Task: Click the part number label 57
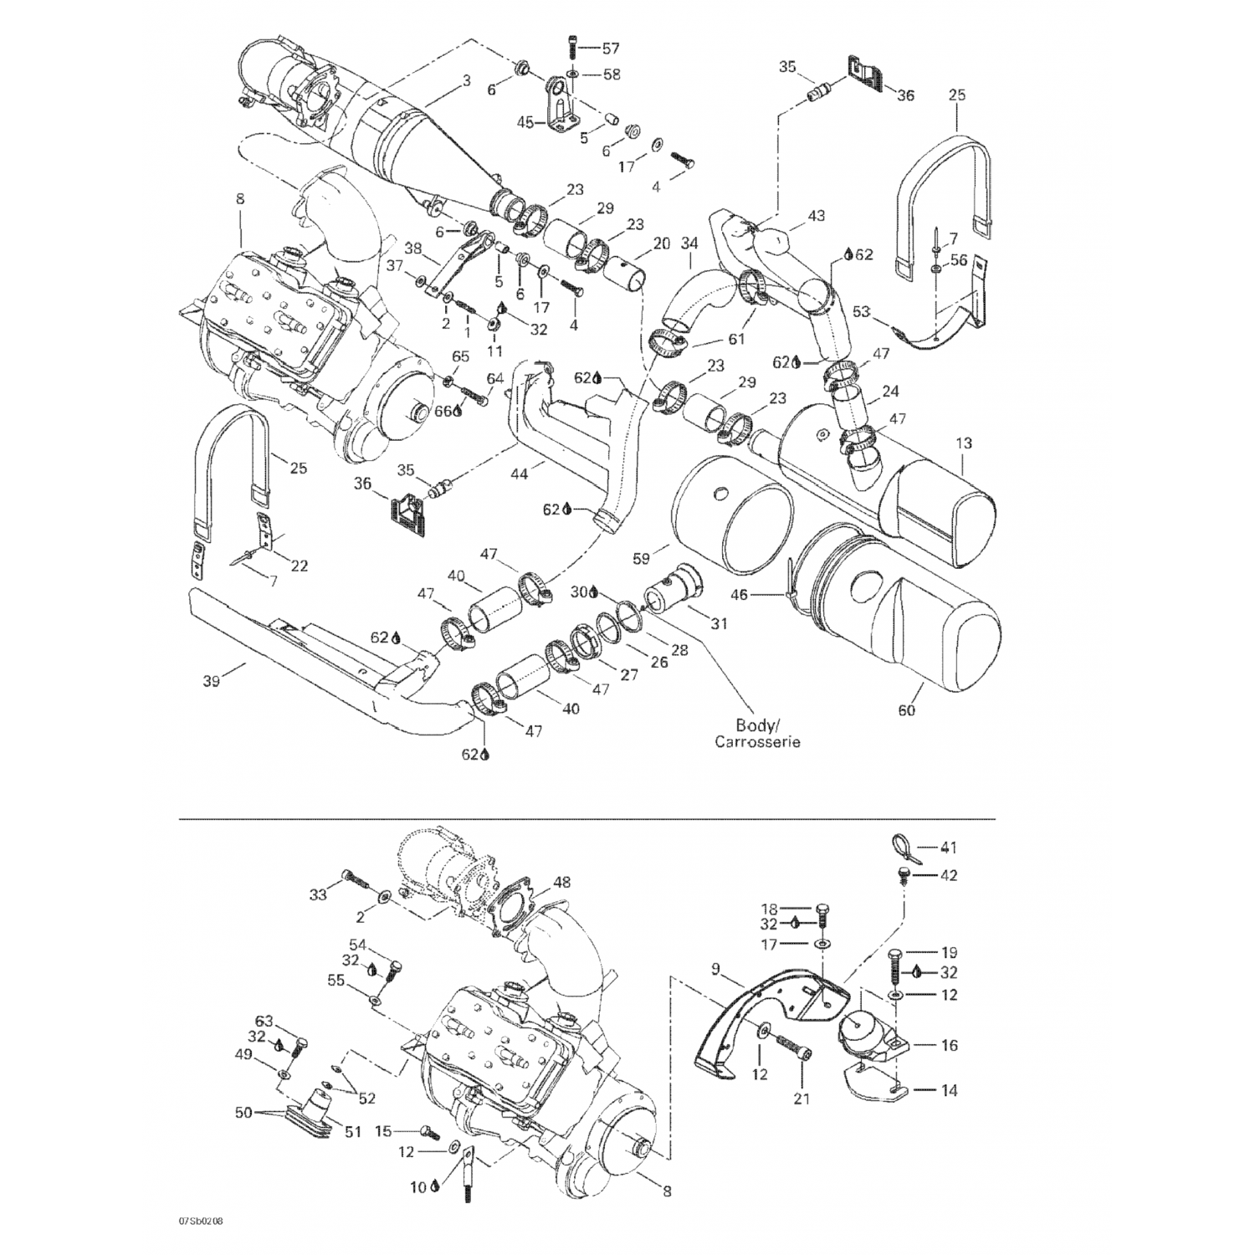click(x=612, y=48)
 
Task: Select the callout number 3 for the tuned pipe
click(x=466, y=81)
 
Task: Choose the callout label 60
click(x=907, y=710)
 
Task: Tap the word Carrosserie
click(x=757, y=742)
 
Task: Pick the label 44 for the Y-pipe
click(x=520, y=474)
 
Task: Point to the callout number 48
click(x=561, y=882)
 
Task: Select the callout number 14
click(x=949, y=1090)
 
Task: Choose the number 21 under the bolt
click(x=802, y=1099)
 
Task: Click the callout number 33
click(x=317, y=895)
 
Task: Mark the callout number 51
click(x=352, y=1132)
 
